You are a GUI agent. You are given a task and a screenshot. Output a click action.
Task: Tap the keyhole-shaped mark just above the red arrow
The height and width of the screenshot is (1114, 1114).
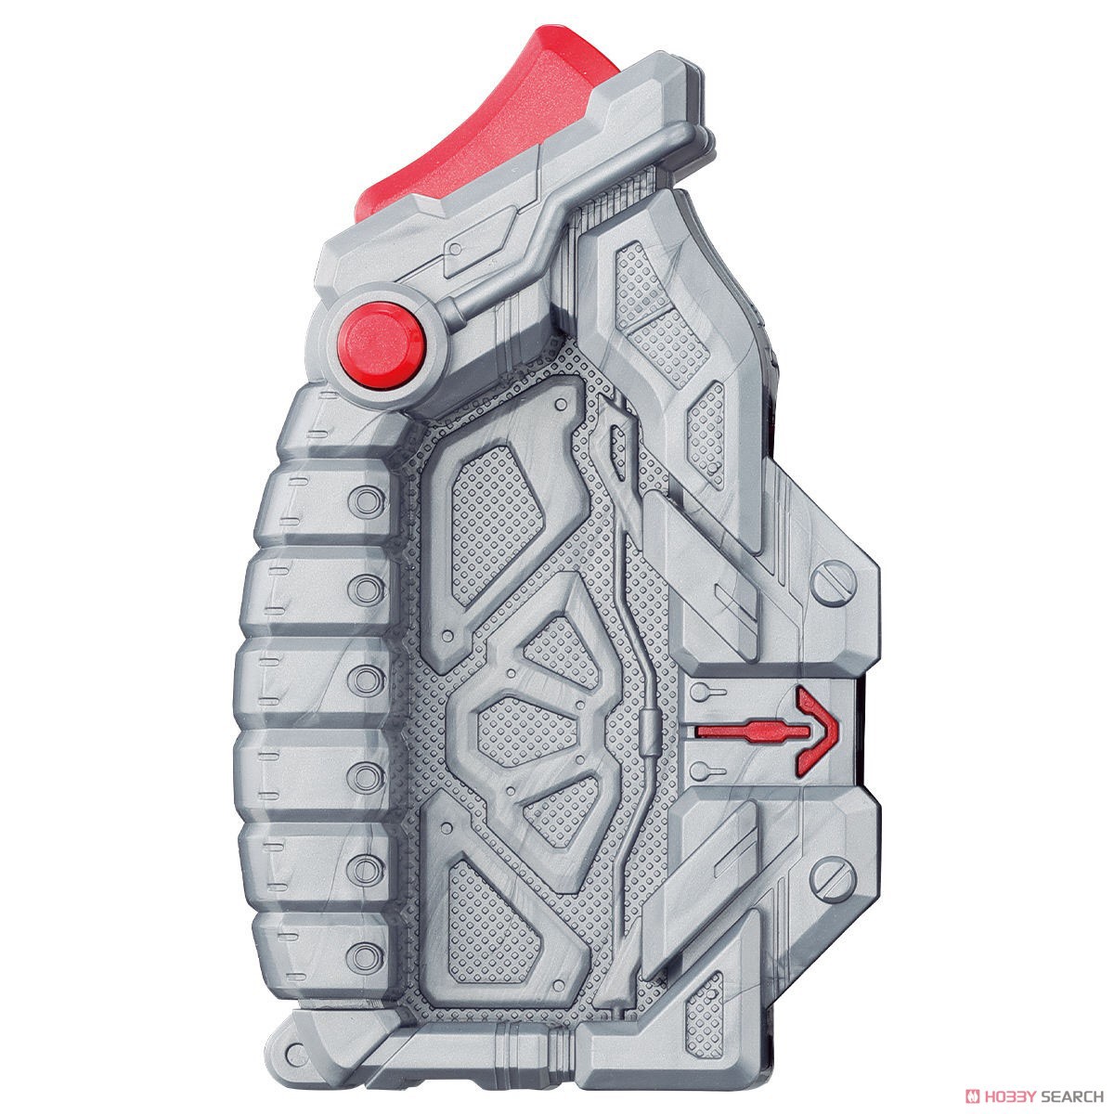(706, 691)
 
